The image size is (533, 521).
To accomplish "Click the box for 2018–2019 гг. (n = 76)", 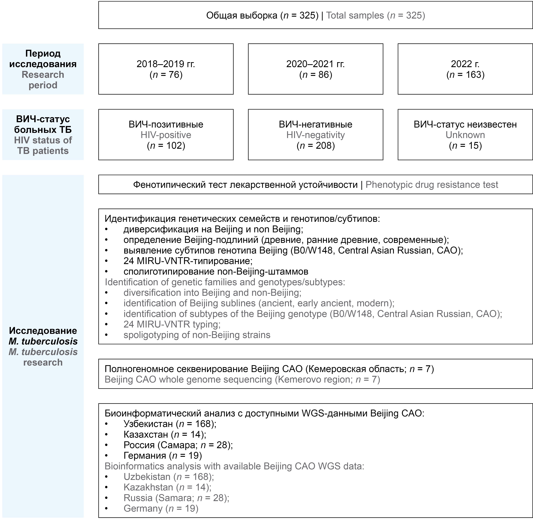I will (x=166, y=69).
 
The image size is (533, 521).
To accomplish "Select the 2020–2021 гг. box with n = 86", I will (x=315, y=69).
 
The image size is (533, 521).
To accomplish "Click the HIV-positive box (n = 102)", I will (x=166, y=135).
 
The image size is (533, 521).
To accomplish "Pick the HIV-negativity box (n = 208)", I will (x=315, y=135).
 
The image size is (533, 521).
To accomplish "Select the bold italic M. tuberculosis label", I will (x=43, y=341).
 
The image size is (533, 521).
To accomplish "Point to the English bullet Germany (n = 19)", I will (x=161, y=508).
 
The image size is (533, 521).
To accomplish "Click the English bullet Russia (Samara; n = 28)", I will (x=176, y=498).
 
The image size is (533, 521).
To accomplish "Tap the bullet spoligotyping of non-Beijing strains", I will (x=197, y=335).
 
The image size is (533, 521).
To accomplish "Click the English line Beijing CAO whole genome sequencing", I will (x=242, y=380).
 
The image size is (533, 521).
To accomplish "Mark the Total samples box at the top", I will (x=315, y=15).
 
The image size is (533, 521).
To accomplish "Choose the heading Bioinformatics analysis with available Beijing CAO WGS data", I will (x=234, y=466).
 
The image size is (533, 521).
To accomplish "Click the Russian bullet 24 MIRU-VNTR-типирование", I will (x=188, y=261).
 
